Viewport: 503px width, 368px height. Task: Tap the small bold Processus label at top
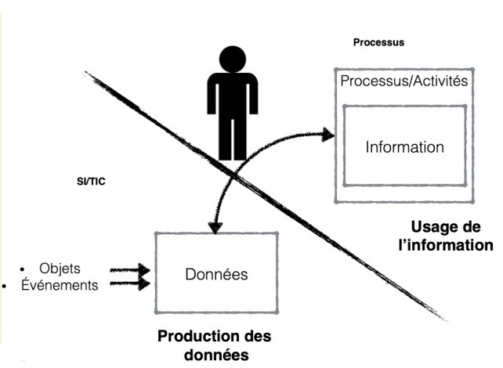click(x=378, y=42)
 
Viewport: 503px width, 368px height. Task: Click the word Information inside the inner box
click(x=404, y=146)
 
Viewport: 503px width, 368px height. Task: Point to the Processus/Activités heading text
click(x=403, y=80)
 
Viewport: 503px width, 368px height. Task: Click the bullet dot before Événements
click(x=6, y=285)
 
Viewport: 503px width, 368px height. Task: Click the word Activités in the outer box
click(x=435, y=80)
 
